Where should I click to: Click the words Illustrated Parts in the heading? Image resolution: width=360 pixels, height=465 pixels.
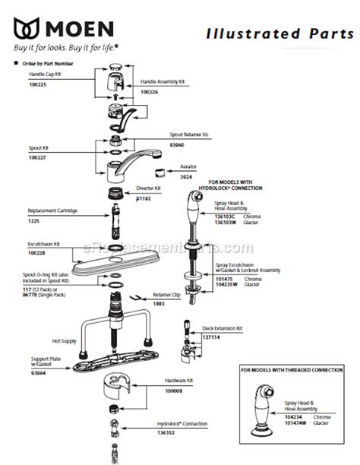[x=270, y=34]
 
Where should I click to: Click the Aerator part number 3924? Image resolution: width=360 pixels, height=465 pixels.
[x=186, y=176]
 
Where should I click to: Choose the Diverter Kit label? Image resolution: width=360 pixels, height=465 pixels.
[x=148, y=187]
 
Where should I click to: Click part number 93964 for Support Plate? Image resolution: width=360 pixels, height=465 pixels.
[x=38, y=373]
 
